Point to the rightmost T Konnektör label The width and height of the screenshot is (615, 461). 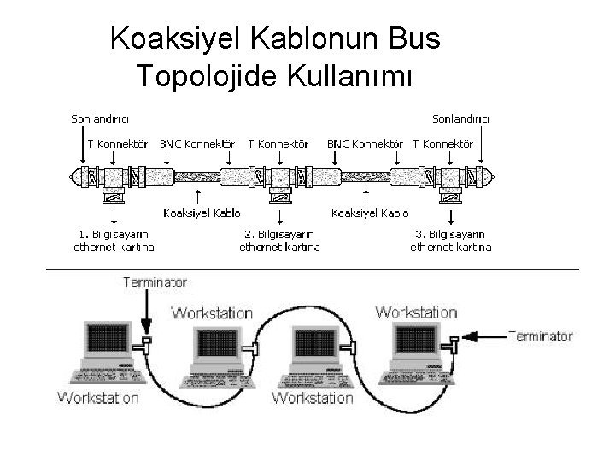[442, 143]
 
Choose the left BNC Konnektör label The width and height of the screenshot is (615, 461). [197, 143]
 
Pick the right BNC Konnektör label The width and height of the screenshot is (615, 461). [365, 143]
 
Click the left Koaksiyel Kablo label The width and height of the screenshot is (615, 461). [202, 213]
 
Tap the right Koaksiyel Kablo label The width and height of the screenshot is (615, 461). [370, 213]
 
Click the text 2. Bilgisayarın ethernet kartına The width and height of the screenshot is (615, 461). [279, 240]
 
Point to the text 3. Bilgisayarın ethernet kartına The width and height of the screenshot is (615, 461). [450, 240]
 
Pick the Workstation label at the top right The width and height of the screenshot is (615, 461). [416, 312]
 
